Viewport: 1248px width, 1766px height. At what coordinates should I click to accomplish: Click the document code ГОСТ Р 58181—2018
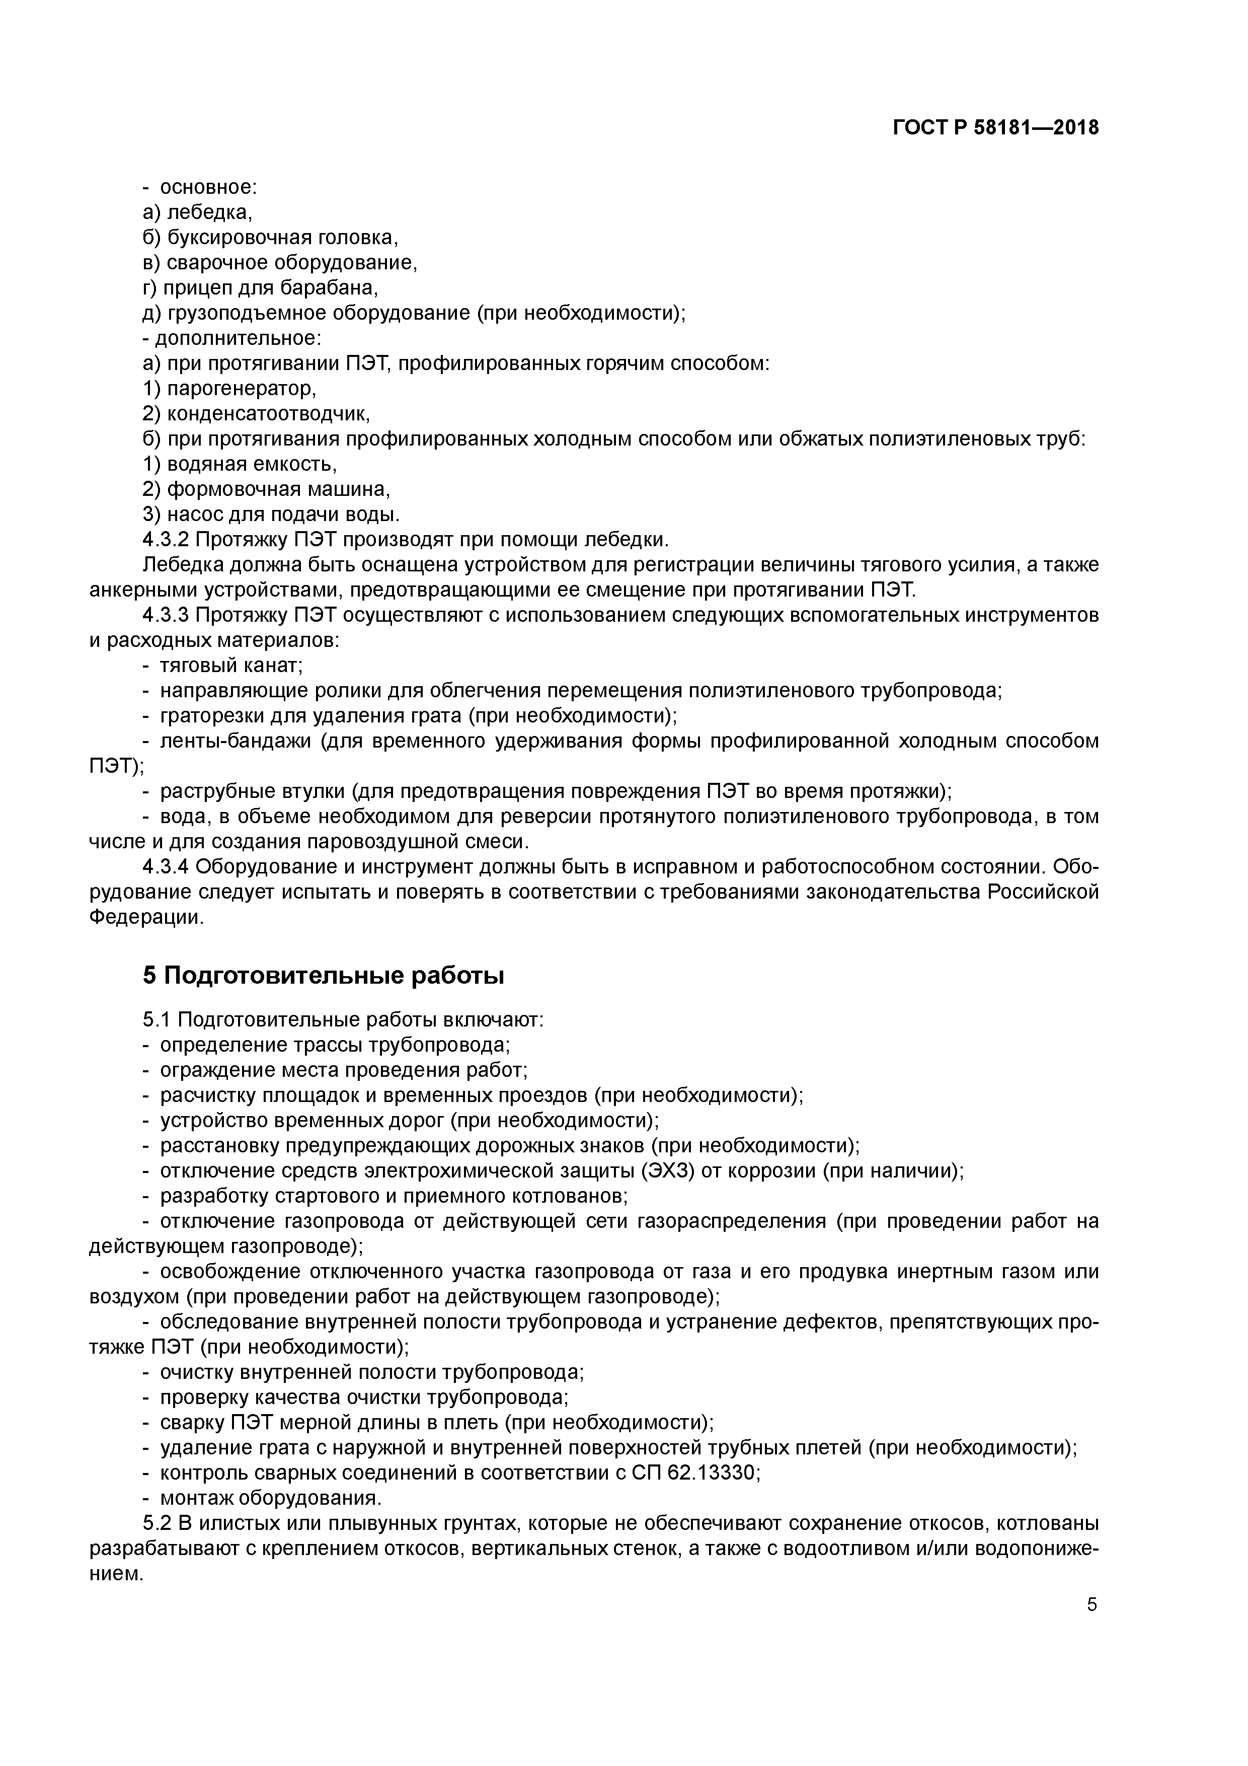point(996,128)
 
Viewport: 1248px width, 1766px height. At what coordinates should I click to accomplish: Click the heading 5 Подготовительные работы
point(324,976)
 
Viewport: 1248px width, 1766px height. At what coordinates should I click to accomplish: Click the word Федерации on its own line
point(146,918)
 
